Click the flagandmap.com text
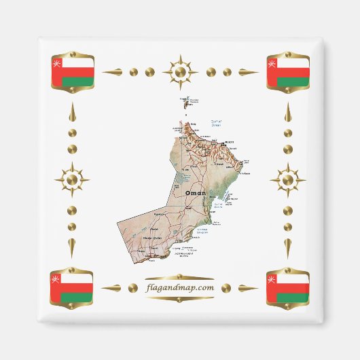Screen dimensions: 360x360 point(180,288)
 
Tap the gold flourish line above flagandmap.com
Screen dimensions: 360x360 point(180,277)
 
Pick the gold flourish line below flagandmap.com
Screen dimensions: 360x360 point(180,299)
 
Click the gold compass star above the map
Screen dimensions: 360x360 point(180,71)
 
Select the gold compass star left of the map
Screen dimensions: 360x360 point(73,180)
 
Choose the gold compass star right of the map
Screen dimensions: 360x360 point(287,180)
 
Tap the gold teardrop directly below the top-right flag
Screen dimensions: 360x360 point(287,113)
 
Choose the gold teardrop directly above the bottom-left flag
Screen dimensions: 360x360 point(73,247)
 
